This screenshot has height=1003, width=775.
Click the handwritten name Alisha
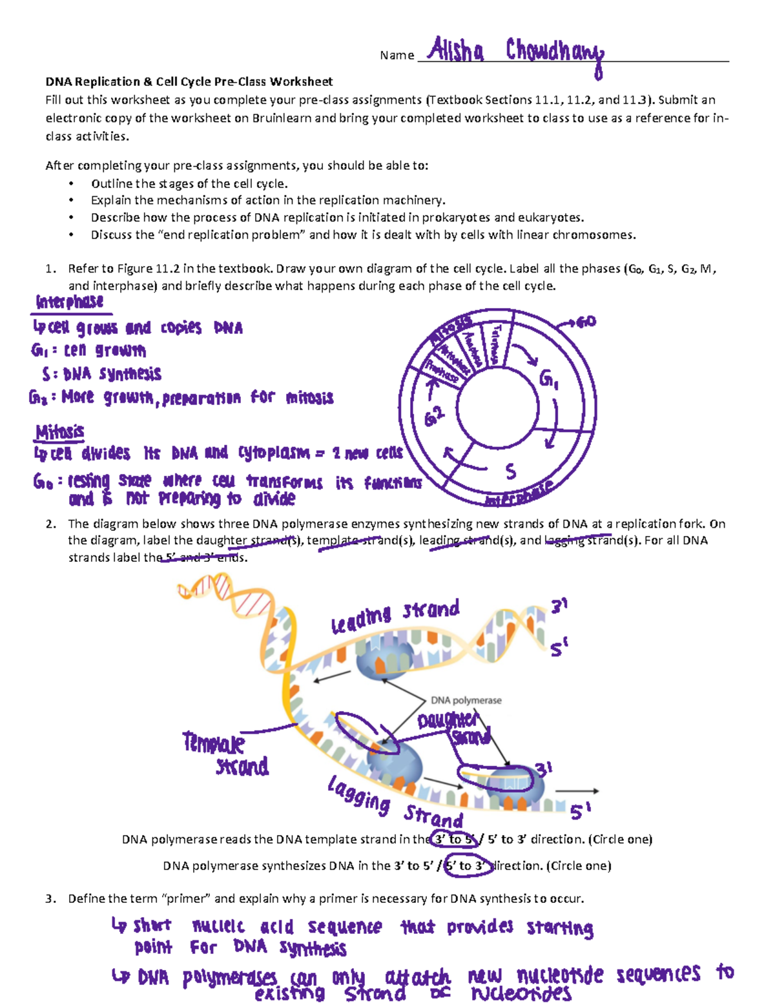tap(456, 50)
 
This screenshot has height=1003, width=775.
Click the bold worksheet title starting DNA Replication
tap(189, 81)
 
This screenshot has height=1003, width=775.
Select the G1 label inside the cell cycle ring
tap(548, 379)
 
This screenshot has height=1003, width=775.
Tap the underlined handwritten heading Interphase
tap(70, 302)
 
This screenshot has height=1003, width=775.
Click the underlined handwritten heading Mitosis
tap(60, 431)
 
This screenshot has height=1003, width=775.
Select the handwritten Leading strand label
tap(395, 616)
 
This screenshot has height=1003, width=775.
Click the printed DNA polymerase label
tap(466, 700)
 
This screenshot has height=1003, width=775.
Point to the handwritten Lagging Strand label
tap(395, 804)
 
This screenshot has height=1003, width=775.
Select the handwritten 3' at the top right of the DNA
tap(559, 606)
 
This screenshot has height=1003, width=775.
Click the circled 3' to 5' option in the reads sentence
tap(455, 840)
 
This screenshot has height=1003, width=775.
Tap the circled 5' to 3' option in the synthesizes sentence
tap(465, 866)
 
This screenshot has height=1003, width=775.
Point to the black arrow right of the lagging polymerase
tap(577, 791)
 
